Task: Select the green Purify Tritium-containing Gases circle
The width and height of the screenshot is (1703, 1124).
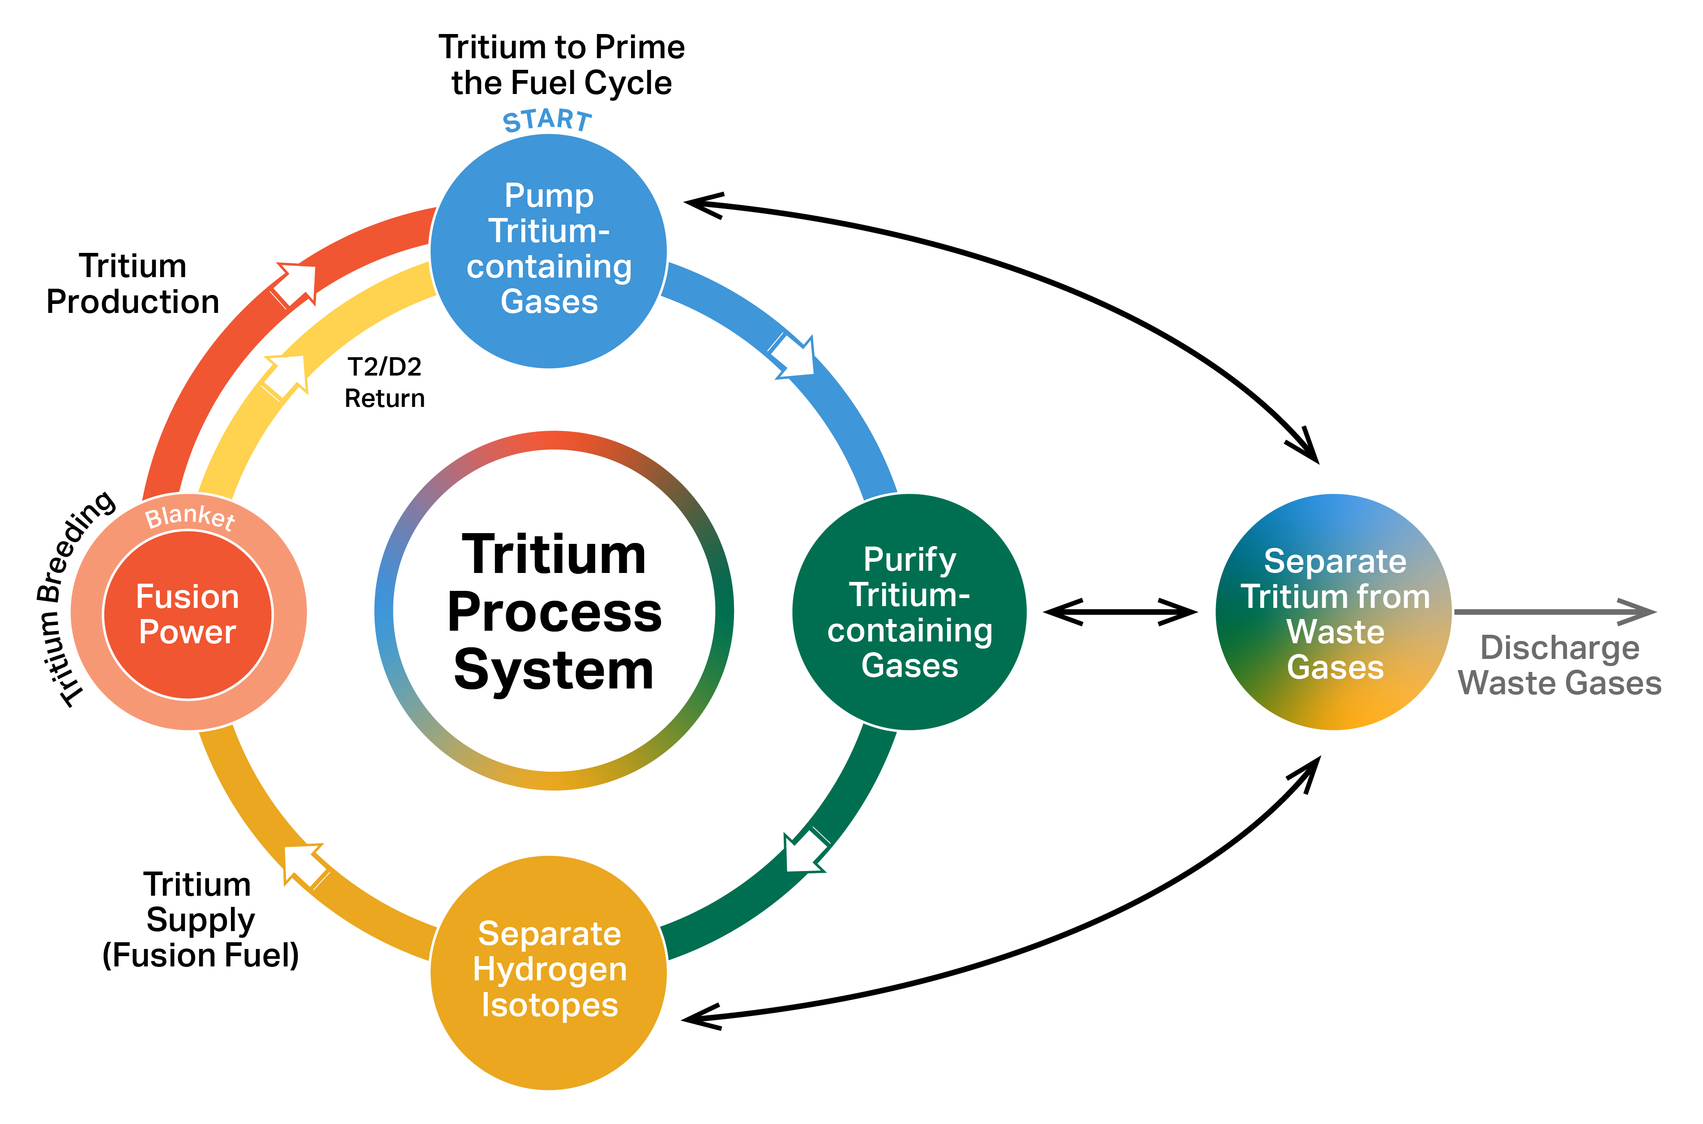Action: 909,611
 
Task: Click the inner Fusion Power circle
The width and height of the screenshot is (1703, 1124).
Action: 188,614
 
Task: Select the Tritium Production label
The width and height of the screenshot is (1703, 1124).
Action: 132,284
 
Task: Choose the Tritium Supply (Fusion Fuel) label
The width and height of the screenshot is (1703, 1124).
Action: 200,920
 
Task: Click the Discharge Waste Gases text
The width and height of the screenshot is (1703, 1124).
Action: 1560,665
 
